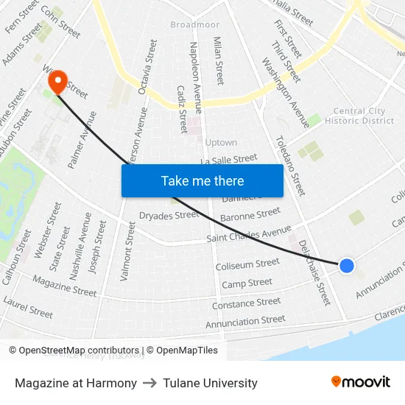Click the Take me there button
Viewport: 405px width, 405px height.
pyautogui.click(x=202, y=180)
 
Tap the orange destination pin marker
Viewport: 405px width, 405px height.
pyautogui.click(x=57, y=81)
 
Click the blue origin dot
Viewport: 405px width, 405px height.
pyautogui.click(x=346, y=266)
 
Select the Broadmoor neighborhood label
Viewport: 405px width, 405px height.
pyautogui.click(x=195, y=24)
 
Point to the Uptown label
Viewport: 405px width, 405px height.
pyautogui.click(x=221, y=142)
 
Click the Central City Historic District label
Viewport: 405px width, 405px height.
pyautogui.click(x=359, y=116)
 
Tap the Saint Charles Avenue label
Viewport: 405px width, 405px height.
pyautogui.click(x=249, y=233)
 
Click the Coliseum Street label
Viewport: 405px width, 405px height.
pyautogui.click(x=247, y=263)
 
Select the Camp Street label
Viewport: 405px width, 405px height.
pyautogui.click(x=247, y=283)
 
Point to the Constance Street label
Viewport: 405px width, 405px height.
pyautogui.click(x=246, y=303)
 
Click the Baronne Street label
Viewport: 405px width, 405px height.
pyautogui.click(x=250, y=214)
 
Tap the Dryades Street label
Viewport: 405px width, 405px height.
pyautogui.click(x=169, y=215)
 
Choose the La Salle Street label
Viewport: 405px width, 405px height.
pyautogui.click(x=229, y=159)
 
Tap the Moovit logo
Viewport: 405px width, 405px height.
pyautogui.click(x=361, y=381)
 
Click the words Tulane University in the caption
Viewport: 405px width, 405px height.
pyautogui.click(x=211, y=383)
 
